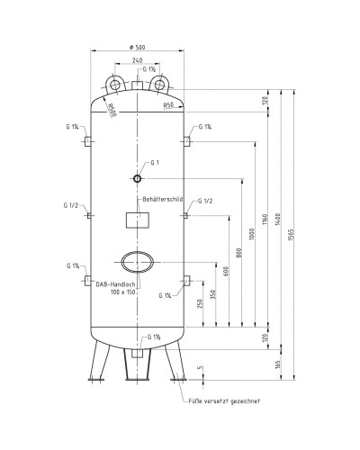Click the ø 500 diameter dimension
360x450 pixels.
pos(138,47)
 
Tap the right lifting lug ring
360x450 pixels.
pos(160,85)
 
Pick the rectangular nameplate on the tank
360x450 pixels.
pos(139,221)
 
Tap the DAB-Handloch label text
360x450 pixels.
pos(114,285)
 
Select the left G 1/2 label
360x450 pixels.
pos(72,205)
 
